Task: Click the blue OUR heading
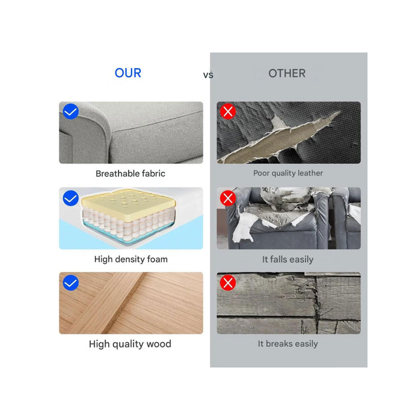click(128, 73)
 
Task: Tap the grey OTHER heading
click(287, 73)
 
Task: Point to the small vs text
click(208, 75)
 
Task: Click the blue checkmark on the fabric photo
click(71, 111)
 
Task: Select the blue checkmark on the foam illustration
click(71, 198)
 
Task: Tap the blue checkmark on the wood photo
click(71, 283)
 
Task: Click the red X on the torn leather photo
click(228, 111)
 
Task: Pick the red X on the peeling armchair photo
click(228, 198)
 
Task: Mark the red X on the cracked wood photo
click(228, 283)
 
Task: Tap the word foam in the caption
click(157, 259)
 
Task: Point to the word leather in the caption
click(310, 173)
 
